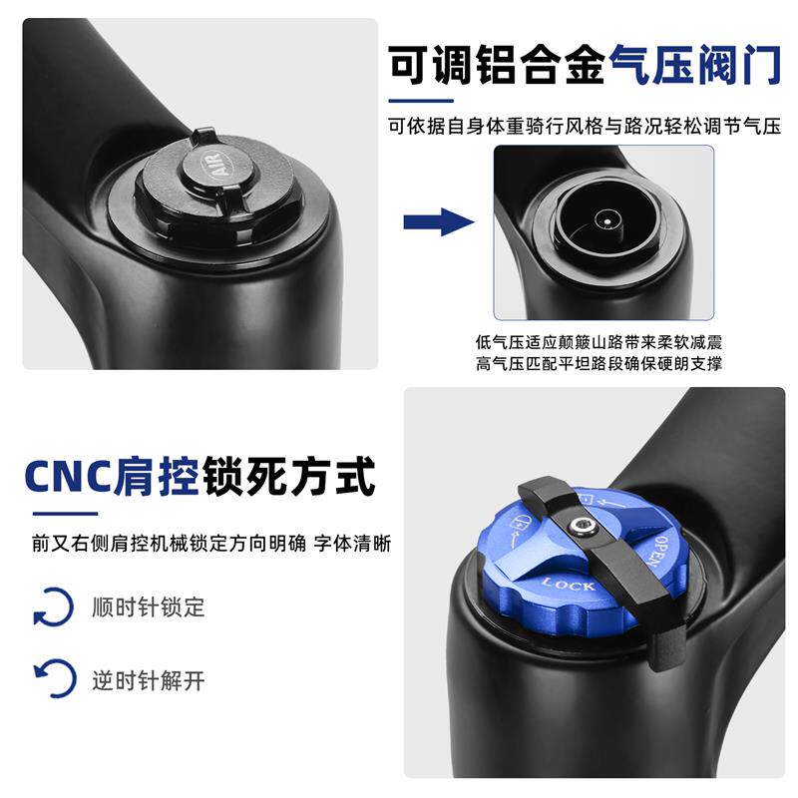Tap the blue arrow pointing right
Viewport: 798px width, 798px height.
click(439, 221)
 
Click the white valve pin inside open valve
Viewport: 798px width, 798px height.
click(606, 221)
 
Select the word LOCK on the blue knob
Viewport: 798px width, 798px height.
click(569, 585)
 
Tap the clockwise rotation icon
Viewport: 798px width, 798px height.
click(54, 606)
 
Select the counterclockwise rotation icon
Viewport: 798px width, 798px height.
click(55, 679)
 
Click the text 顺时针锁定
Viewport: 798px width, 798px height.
click(148, 607)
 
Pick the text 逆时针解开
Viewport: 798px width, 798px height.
click(148, 680)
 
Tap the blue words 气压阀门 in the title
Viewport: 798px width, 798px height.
click(695, 65)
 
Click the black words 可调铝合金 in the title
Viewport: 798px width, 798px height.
click(498, 65)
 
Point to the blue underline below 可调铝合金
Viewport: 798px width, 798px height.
click(421, 101)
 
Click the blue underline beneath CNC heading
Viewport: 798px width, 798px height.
click(65, 514)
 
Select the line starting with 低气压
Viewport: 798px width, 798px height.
click(598, 342)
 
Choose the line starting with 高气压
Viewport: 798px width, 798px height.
click(598, 364)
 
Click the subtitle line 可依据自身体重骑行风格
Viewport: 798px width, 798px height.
click(585, 126)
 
